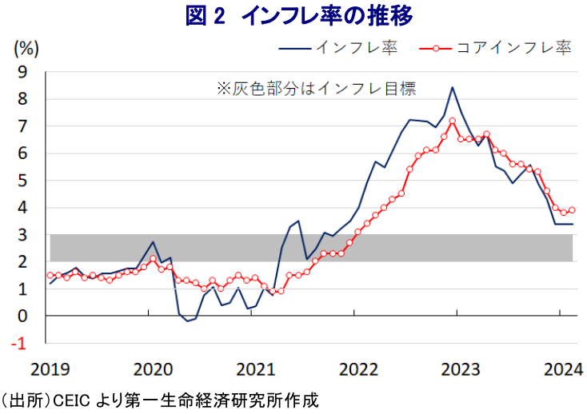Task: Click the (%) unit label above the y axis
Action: [x=26, y=48]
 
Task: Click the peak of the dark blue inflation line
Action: [x=453, y=87]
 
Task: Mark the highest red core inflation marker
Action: [x=453, y=121]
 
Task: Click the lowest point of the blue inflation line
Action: [x=187, y=321]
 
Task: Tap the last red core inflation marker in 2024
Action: [x=572, y=210]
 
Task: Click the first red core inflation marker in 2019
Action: [x=50, y=275]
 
